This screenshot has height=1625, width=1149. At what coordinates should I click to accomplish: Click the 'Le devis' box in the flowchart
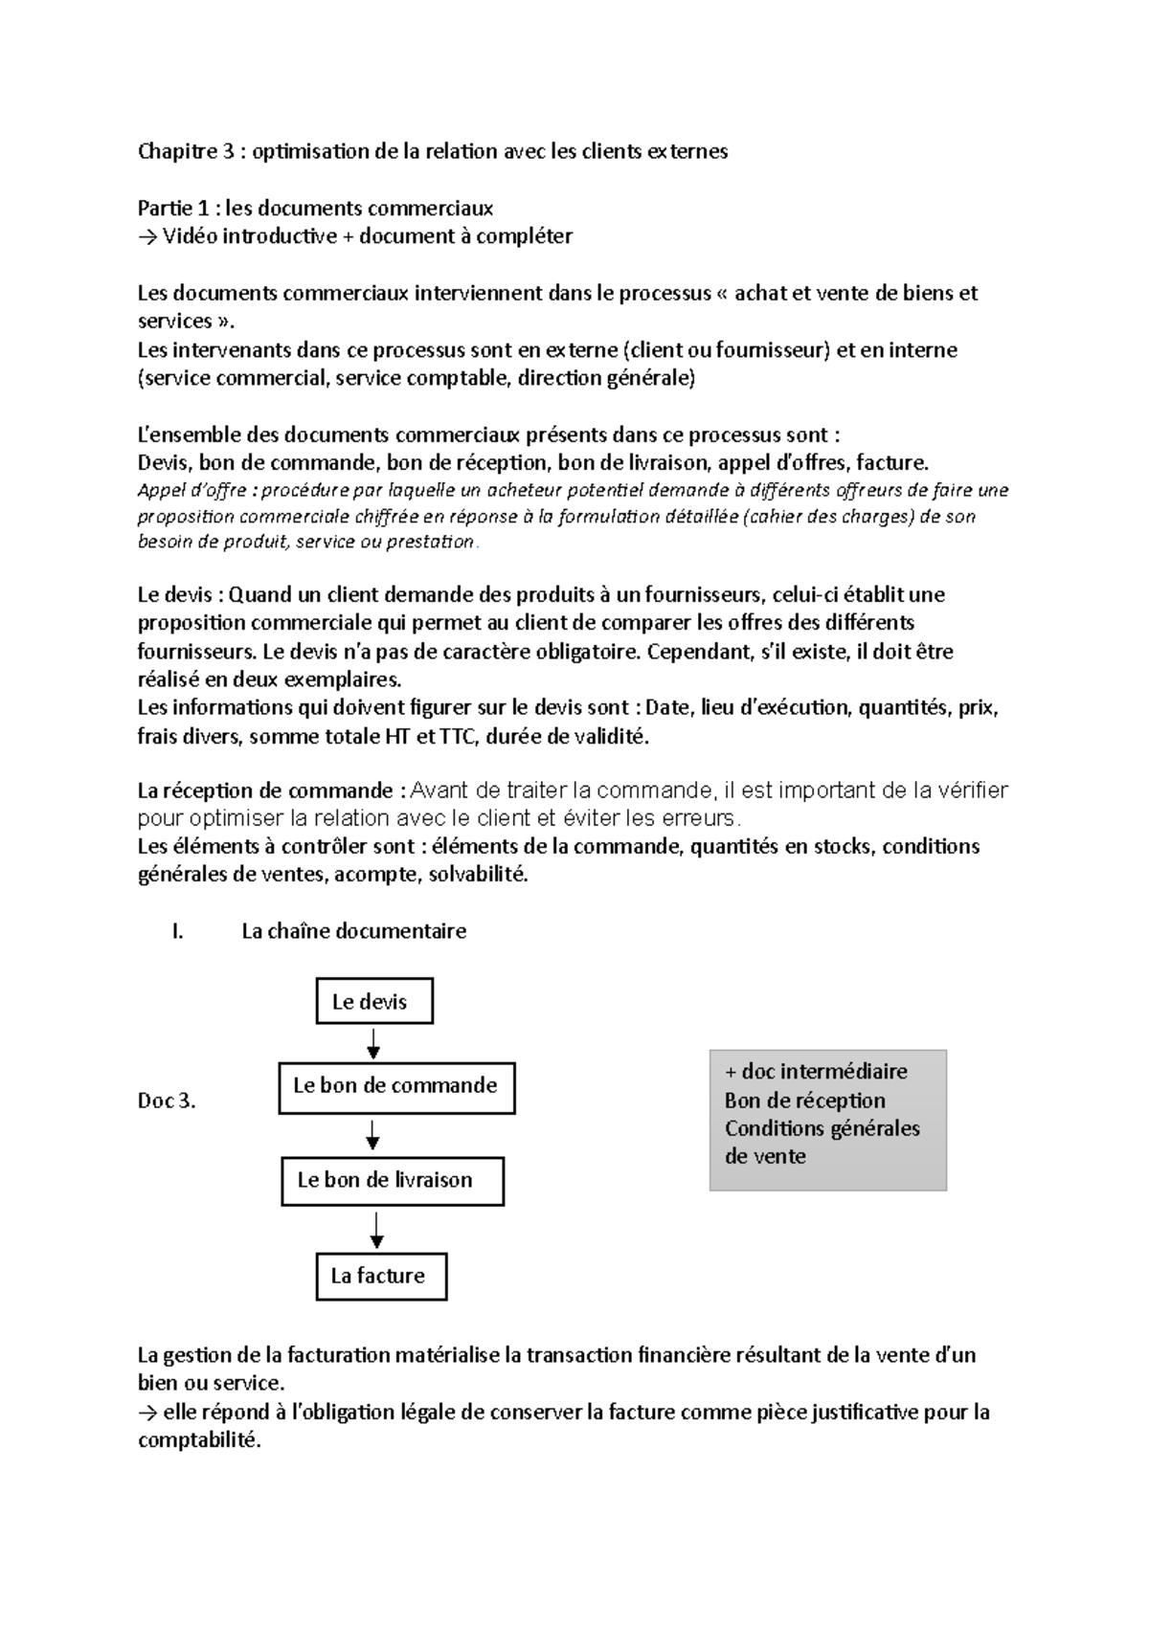click(374, 1001)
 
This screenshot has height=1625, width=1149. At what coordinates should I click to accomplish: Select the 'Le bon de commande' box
click(396, 1086)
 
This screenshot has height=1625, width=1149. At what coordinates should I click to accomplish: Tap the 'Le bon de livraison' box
click(392, 1180)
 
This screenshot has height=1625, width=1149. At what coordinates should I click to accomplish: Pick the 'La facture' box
click(381, 1276)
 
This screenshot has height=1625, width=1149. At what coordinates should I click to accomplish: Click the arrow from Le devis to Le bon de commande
click(373, 1042)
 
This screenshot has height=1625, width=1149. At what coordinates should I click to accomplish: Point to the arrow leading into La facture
click(376, 1230)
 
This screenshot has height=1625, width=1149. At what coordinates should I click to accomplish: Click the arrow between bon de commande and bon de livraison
click(373, 1136)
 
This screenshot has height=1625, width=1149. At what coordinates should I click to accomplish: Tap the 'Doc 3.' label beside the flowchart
click(167, 1101)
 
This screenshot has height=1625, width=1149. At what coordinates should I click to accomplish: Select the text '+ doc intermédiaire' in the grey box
click(816, 1071)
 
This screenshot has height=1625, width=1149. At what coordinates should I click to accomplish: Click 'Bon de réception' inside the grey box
click(804, 1100)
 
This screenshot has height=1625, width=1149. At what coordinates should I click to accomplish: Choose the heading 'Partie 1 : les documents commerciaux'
click(315, 208)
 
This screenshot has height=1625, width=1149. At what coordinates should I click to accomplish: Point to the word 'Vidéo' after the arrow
click(190, 236)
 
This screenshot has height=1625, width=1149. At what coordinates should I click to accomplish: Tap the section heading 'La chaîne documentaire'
click(353, 931)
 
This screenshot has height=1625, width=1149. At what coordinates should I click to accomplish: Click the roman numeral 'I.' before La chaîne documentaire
click(177, 931)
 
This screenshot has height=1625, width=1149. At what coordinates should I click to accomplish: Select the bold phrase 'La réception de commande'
click(265, 790)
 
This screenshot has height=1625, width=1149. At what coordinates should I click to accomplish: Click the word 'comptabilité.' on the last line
click(199, 1440)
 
